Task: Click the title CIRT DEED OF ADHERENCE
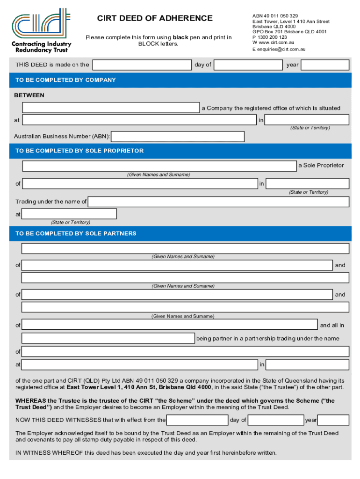[x=155, y=18]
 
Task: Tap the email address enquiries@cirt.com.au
[x=281, y=49]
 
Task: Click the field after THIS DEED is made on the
[x=142, y=65]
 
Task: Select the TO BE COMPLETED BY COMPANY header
[x=65, y=80]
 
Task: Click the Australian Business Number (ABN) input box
[x=178, y=137]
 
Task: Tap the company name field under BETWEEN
[x=111, y=108]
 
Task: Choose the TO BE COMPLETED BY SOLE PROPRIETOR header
[x=79, y=151]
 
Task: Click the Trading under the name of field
[x=218, y=202]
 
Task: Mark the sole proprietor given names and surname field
[x=159, y=166]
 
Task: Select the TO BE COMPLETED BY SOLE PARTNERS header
[x=76, y=233]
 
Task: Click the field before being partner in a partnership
[x=108, y=338]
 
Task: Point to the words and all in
[x=332, y=325]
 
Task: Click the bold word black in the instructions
[x=180, y=37]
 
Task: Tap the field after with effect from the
[x=197, y=420]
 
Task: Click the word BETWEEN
[x=29, y=95]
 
